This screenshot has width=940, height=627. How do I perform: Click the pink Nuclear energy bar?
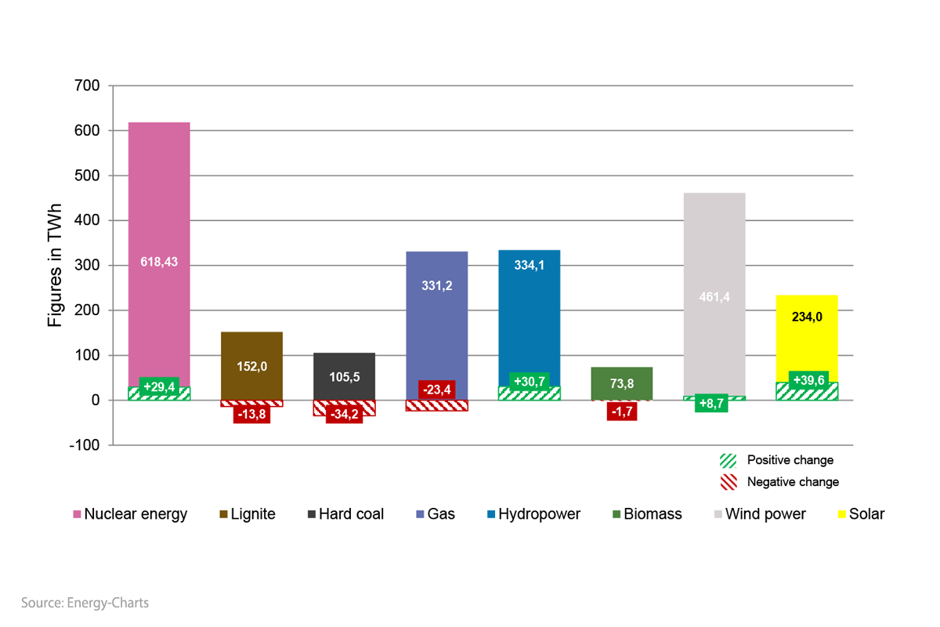point(159,196)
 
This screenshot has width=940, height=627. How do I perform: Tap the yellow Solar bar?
point(807,345)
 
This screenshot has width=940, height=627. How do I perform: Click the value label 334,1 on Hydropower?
point(530,265)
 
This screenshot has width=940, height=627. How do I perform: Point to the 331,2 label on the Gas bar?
point(436,286)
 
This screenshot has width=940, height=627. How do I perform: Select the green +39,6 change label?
point(808,381)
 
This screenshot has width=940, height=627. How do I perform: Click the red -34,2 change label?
point(344,414)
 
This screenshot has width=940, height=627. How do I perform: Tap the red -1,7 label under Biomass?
point(621,411)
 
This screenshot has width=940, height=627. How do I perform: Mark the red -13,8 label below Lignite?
point(251,414)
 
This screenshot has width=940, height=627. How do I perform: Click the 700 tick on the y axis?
point(87,85)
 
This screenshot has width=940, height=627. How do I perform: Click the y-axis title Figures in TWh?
point(55,265)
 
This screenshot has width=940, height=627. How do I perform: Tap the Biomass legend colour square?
point(616,515)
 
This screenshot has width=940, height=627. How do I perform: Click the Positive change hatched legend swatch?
point(728,460)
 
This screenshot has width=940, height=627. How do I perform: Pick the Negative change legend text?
point(793,482)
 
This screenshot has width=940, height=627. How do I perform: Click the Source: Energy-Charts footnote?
point(85,603)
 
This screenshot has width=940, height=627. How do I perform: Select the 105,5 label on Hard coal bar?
point(344,377)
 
